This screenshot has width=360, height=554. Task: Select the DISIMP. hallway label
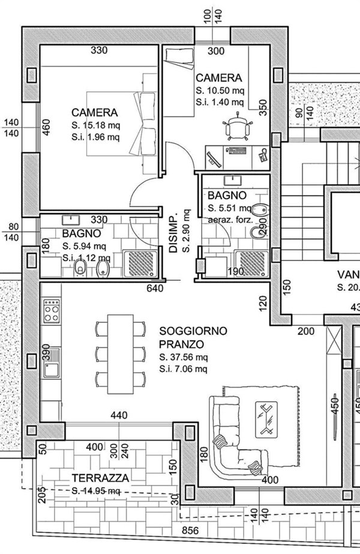tap(173, 233)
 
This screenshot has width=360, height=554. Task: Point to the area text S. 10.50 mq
tap(220, 91)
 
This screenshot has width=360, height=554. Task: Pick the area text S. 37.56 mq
tap(184, 358)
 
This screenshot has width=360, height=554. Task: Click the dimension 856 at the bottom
tap(191, 530)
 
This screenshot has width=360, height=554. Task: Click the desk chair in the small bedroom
tap(237, 127)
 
